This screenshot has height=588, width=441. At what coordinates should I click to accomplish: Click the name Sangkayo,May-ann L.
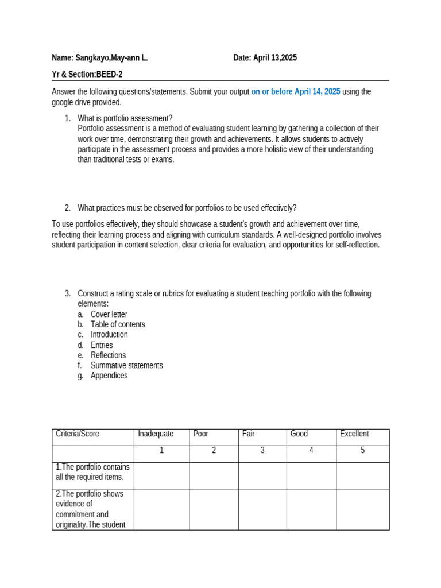point(112,58)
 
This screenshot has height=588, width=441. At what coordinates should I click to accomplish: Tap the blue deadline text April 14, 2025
point(317,92)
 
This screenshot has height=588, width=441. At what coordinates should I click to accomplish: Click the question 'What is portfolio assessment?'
point(125,119)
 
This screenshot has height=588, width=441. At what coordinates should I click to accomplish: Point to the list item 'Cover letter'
point(109,315)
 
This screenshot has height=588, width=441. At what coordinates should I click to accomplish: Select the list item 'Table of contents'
point(118,324)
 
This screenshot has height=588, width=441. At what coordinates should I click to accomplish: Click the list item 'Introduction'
point(109,335)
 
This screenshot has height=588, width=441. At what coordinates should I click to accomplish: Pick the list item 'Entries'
point(102,345)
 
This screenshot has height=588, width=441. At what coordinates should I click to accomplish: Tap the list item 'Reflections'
point(108,355)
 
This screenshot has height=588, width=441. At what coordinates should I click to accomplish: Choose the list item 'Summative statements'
point(126,366)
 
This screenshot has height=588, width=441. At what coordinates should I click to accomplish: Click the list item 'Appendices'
point(109,376)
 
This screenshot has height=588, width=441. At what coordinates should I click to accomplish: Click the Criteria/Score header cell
point(78,434)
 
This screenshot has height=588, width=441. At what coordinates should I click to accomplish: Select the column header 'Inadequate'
point(156,434)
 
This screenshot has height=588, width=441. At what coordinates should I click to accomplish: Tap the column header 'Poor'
point(201,434)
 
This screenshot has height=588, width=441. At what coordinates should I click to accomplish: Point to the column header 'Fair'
point(249,434)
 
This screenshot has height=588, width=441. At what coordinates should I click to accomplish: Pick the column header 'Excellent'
point(354,434)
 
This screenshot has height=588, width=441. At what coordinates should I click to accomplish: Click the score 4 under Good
point(311,451)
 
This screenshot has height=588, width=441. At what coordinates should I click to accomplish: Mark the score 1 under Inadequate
point(162,451)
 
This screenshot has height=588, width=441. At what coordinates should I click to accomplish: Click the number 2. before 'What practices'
point(67,208)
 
